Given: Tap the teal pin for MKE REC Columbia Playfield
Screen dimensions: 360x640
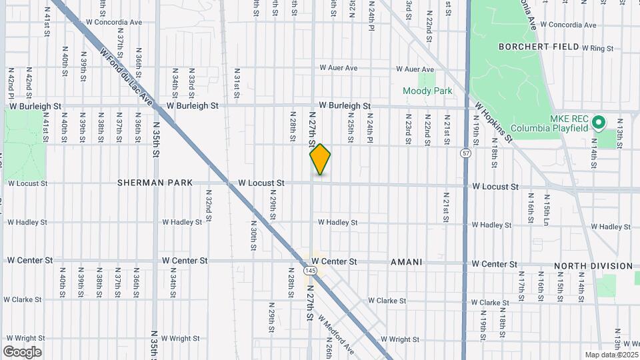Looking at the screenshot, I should (598, 123).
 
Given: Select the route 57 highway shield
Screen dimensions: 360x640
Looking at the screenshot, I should (465, 154).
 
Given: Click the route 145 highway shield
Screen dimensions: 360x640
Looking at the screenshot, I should (310, 271).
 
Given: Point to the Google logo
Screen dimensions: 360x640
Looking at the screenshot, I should (22, 351).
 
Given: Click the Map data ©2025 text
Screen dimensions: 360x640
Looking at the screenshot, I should (611, 355).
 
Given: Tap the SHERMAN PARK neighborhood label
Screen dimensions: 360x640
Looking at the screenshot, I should (155, 182).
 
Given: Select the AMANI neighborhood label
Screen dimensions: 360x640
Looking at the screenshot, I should (406, 262).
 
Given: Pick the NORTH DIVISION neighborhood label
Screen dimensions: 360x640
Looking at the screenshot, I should (593, 266).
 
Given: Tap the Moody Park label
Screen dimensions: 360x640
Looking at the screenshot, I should (427, 91).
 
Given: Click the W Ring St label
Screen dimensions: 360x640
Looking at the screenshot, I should (597, 48).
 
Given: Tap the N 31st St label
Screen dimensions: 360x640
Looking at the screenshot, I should (237, 83).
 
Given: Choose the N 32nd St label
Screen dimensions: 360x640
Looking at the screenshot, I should (208, 200).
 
